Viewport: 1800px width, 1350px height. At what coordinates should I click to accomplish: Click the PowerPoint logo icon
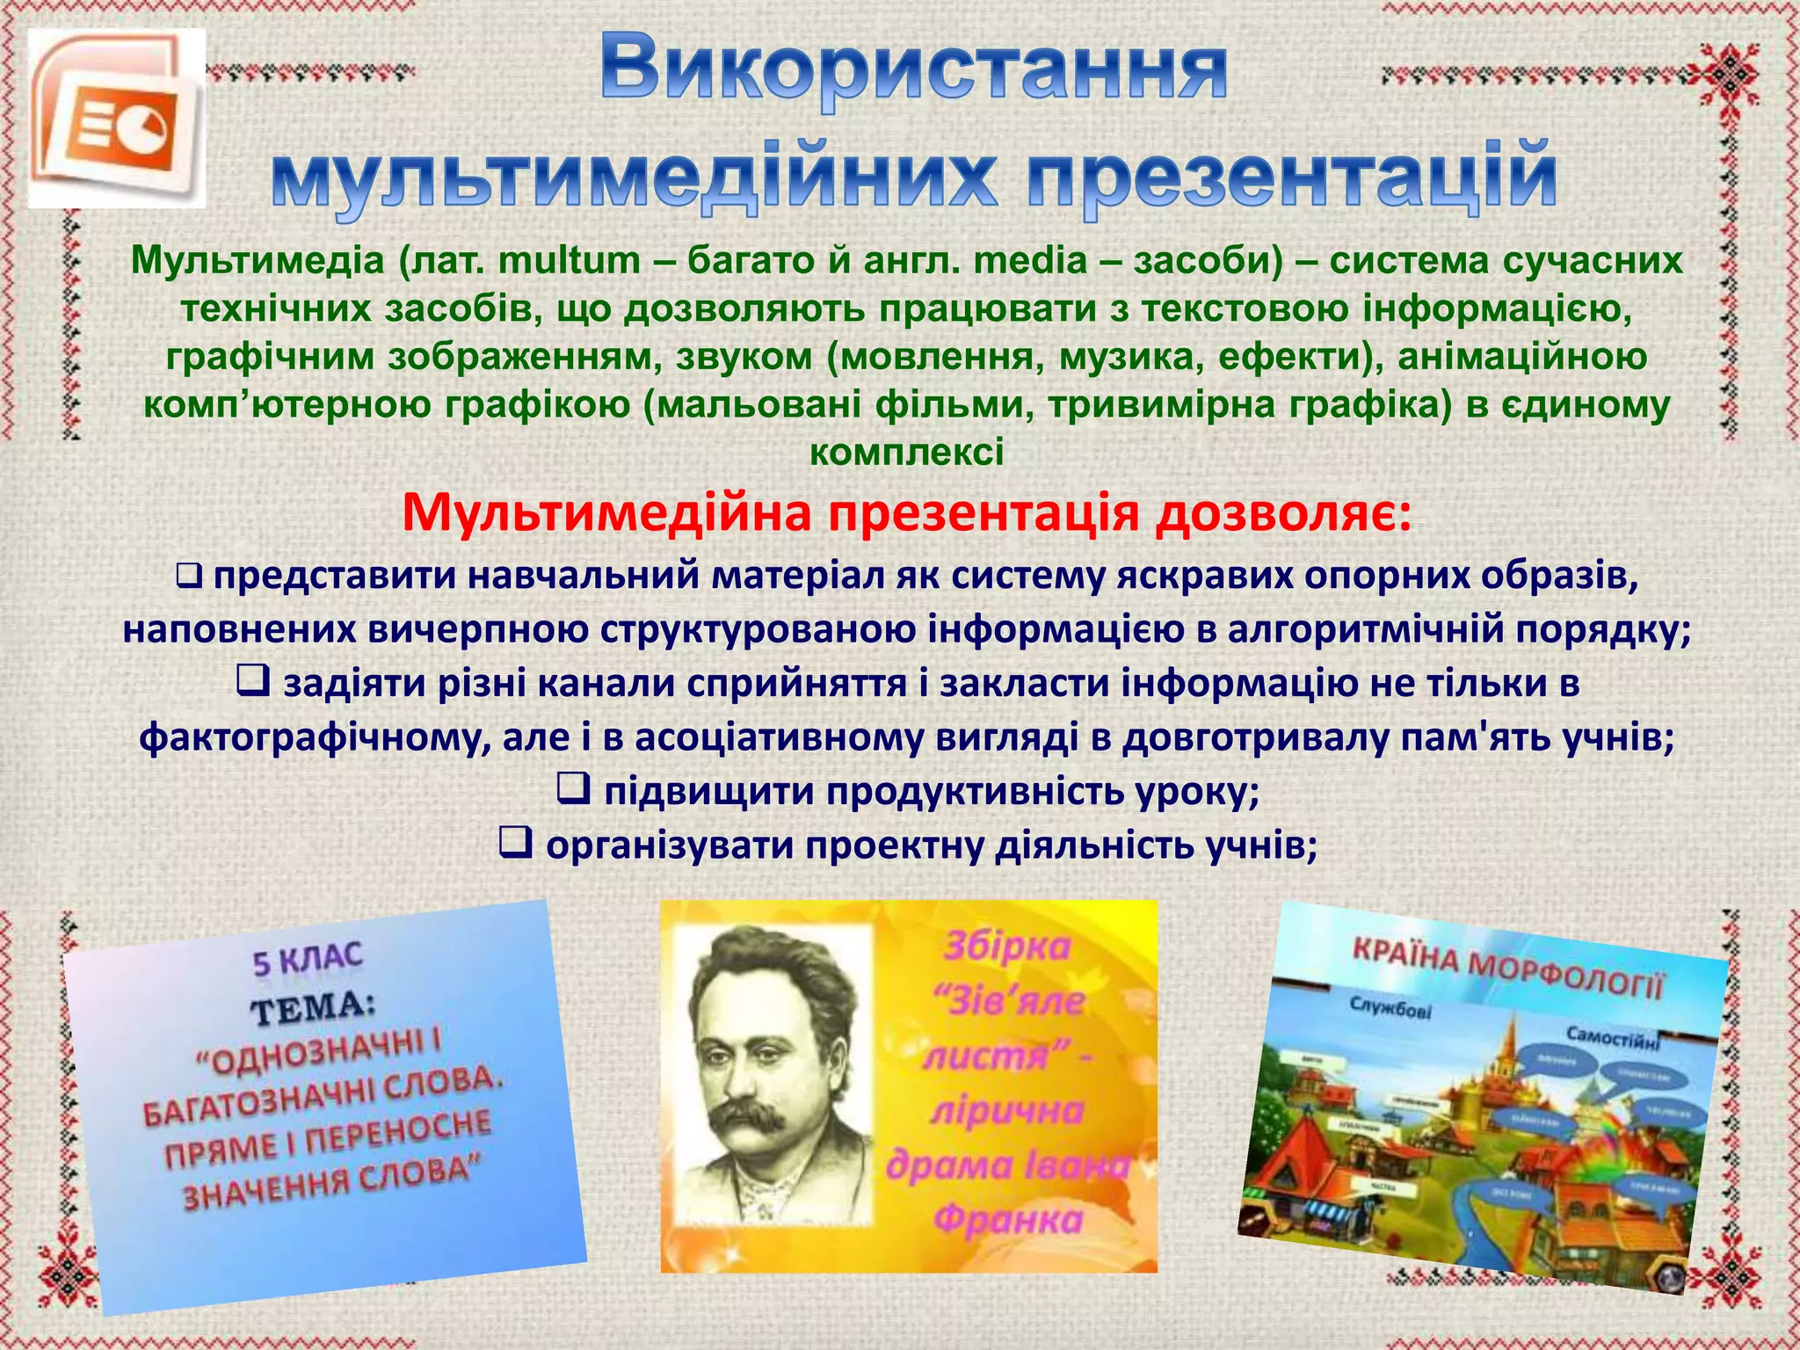click(x=117, y=119)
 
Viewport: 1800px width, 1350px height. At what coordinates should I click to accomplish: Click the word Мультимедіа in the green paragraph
click(x=258, y=261)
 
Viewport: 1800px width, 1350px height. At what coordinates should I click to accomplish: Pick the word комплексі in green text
click(x=906, y=453)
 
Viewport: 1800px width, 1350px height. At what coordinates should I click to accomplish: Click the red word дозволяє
click(x=1283, y=514)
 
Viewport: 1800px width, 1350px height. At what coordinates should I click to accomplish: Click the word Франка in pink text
click(x=1008, y=1220)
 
